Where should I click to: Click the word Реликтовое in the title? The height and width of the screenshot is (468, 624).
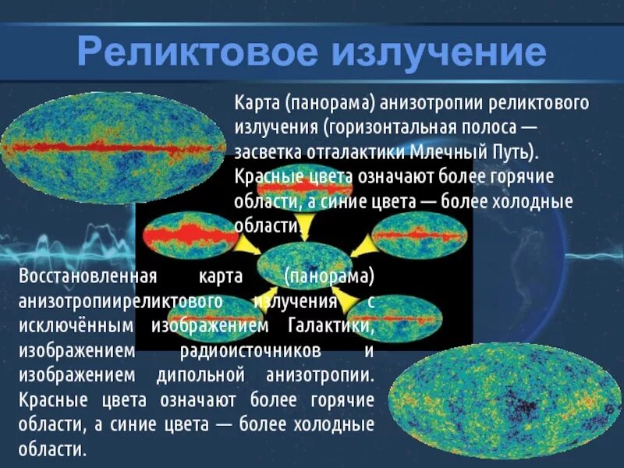coord(197,53)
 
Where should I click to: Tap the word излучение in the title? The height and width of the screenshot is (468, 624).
coord(437,53)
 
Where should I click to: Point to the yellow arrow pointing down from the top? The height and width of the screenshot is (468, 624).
coord(306,226)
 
